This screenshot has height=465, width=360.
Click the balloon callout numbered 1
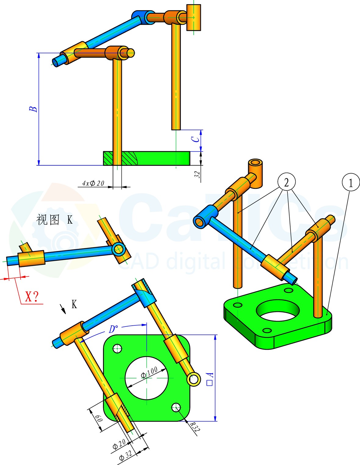pos(351,182)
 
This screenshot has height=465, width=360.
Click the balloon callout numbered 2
pos(287,182)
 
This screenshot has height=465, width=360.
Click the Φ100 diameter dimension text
pos(149,373)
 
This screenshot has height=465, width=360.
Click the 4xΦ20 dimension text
pos(93,183)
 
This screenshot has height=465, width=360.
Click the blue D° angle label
pos(113,329)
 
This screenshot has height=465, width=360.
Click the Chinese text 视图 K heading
pos(55,220)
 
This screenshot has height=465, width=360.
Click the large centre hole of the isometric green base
pos(278,310)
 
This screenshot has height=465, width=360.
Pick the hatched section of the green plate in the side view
pos(120,158)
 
